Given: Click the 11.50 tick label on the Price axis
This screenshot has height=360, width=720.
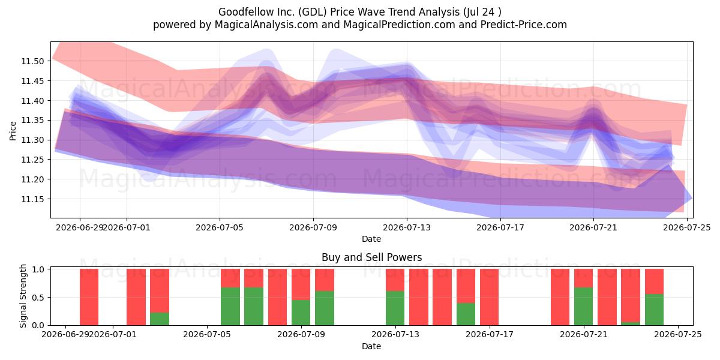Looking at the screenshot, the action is [32, 61].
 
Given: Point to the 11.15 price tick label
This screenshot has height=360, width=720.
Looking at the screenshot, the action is [32, 199].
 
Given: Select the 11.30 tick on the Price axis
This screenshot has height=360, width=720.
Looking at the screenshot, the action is [32, 140].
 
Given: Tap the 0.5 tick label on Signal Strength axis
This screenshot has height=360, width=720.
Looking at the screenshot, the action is [38, 298].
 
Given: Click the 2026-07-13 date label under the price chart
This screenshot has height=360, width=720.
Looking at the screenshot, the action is [407, 227].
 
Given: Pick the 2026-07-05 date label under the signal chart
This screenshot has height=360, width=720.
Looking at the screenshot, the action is [207, 334].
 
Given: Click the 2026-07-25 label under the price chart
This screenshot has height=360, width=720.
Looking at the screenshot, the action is [687, 227].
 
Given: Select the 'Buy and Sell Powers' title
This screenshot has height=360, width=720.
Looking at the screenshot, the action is [371, 257].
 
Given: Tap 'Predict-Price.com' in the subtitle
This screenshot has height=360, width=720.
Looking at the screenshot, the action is [524, 25].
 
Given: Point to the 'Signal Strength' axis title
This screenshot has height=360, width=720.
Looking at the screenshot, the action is [23, 296].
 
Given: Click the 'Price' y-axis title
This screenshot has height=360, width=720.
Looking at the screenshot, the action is [13, 131].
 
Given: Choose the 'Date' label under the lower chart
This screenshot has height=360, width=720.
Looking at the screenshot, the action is [371, 346].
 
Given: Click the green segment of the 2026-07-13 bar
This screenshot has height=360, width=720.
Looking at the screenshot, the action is [395, 308].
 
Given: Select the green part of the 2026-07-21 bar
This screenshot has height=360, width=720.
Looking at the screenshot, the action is [583, 307].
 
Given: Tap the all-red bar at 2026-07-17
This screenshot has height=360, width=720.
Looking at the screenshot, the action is [489, 297].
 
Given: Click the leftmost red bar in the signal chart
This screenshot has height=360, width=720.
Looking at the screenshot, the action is [89, 297].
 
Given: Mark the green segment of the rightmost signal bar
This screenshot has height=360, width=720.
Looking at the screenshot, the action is [654, 310].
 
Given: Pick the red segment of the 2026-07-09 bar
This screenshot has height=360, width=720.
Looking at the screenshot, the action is [301, 284].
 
